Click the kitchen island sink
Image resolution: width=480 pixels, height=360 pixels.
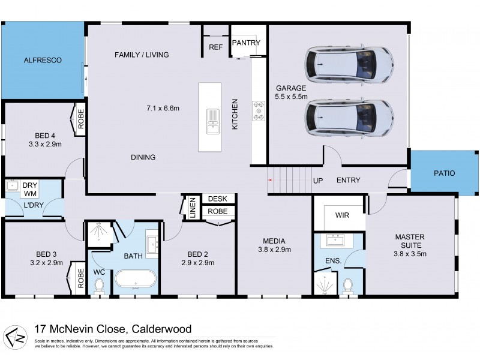pos(213,120)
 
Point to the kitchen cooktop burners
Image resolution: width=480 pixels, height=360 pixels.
pos(259,110)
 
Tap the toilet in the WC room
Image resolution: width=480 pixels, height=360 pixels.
pos(100,287)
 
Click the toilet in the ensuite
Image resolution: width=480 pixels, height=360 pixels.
pos(348,284)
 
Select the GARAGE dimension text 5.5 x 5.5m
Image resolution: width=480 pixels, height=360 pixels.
pos(291,96)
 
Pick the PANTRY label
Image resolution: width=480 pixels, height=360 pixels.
pos(247,43)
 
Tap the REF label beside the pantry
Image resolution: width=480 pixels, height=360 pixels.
pos(215,47)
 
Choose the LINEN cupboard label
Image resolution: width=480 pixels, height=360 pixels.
pos(193,207)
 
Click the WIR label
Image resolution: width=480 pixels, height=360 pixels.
pos(343,214)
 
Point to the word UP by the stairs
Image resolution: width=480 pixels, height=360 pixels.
pos(318,180)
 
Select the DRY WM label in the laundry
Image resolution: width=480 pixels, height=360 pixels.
pos(31,190)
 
